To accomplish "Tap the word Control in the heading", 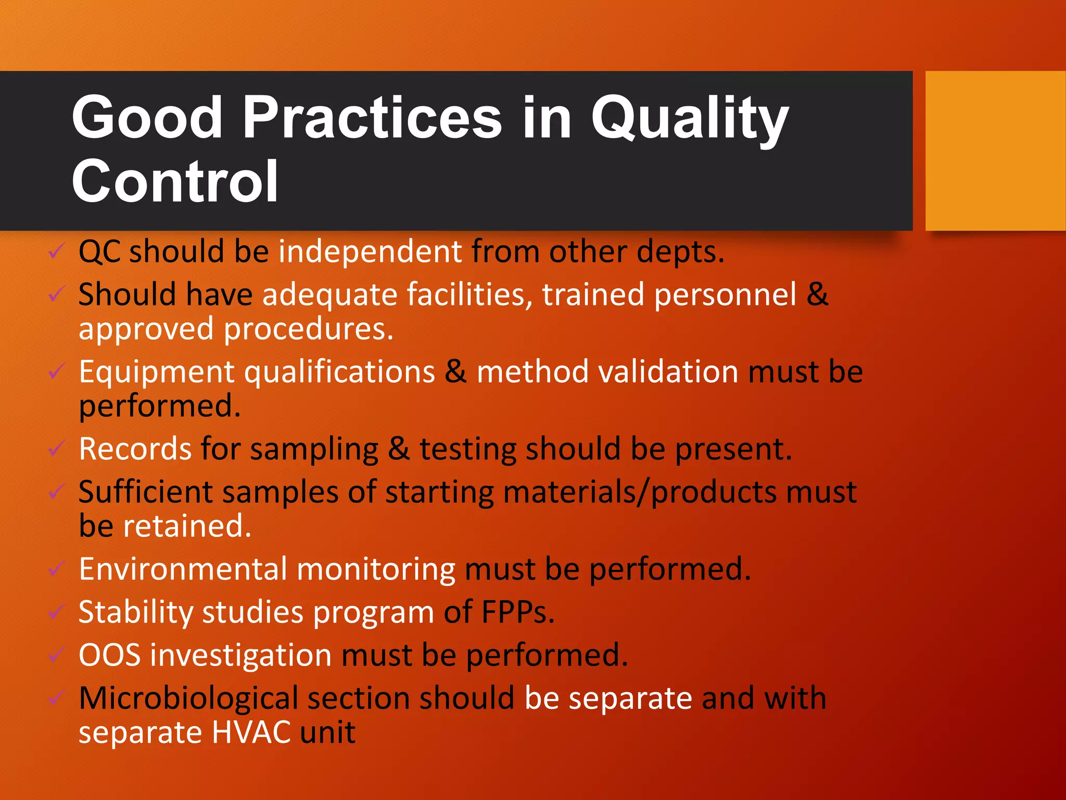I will [175, 181].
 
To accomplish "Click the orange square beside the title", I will [995, 151].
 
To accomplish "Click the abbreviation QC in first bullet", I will [99, 252].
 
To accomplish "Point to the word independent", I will [370, 252].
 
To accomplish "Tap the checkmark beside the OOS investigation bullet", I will [56, 654].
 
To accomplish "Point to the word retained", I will [187, 526].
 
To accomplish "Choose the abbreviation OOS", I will [110, 655].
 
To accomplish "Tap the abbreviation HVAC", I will [251, 733].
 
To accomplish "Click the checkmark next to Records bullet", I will [56, 448].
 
